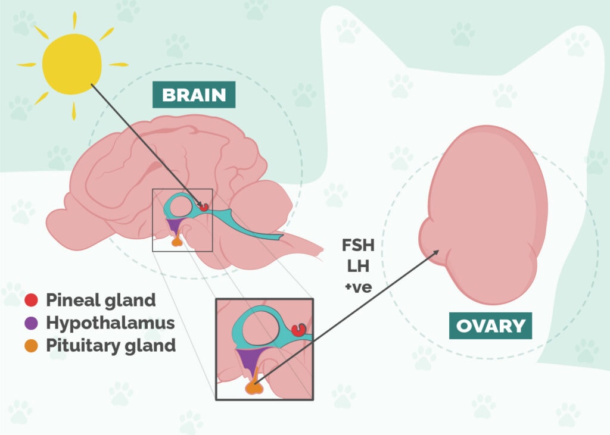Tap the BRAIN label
pos(194,95)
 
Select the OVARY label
pos(490,326)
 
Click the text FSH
pos(357,245)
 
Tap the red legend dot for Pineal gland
pos(33,300)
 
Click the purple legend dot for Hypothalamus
pos(33,323)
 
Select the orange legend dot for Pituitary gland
pos(33,345)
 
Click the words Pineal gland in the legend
pos(101,300)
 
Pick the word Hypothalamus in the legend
pos(110,323)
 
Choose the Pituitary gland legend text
pos(111,345)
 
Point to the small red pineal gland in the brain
pos(204,207)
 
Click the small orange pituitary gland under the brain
pos(176,241)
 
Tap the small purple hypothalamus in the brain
pos(173,224)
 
